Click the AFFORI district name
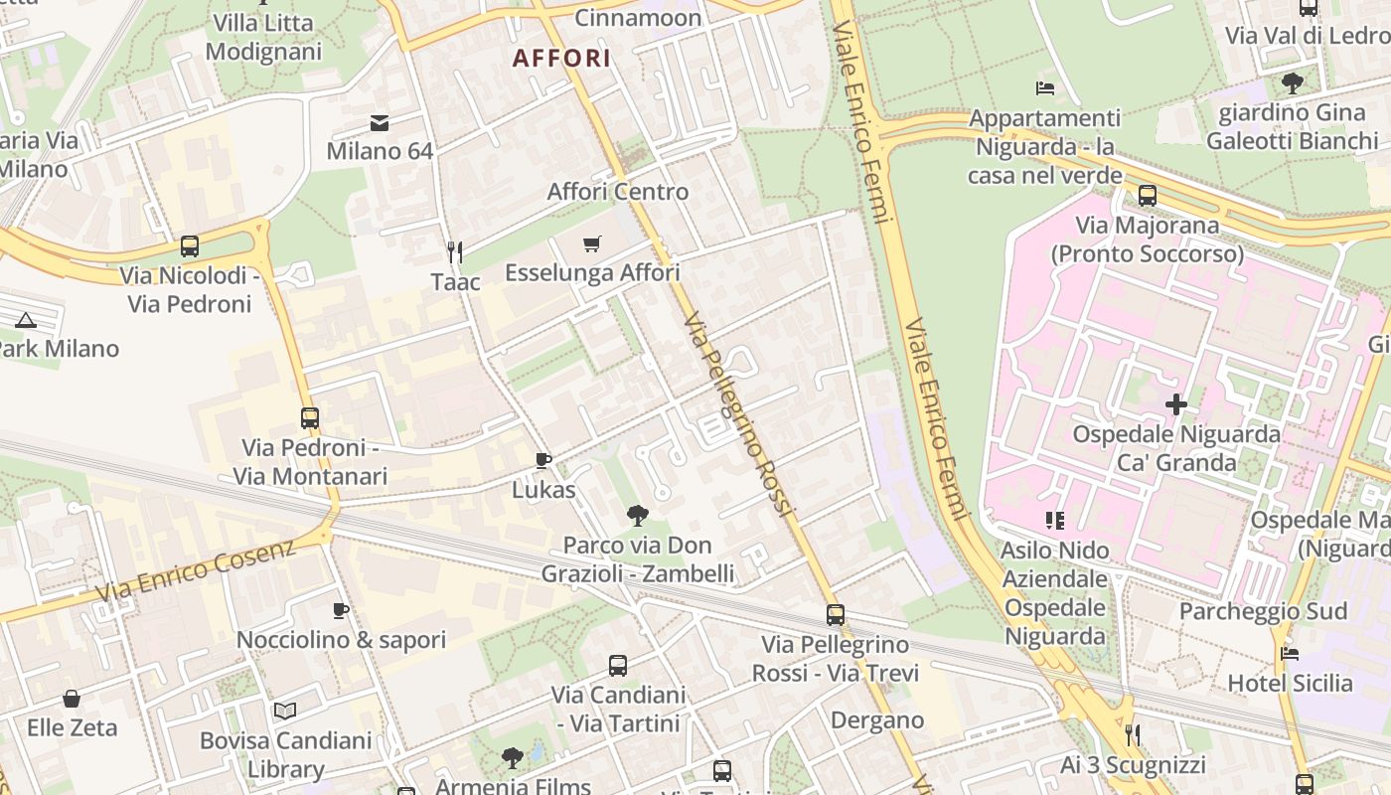point(561,58)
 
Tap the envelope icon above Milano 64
point(380,123)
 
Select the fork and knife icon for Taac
point(455,251)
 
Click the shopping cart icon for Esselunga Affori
point(592,243)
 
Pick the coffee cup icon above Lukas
point(542,460)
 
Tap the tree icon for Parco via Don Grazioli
point(637,515)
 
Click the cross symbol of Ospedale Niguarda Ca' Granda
point(1176,404)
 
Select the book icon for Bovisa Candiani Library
point(285,711)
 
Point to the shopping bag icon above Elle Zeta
point(72,699)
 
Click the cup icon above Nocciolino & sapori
point(341,610)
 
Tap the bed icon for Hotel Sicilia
point(1290,653)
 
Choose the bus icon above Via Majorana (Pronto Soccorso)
point(1148,195)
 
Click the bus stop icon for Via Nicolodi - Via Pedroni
point(189,245)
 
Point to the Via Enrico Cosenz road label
point(196,571)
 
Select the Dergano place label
point(877,719)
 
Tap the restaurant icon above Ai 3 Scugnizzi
point(1132,735)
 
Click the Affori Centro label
point(617,191)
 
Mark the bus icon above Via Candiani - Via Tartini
point(618,666)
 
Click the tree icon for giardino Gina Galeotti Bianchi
point(1292,82)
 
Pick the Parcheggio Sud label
point(1262,611)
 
